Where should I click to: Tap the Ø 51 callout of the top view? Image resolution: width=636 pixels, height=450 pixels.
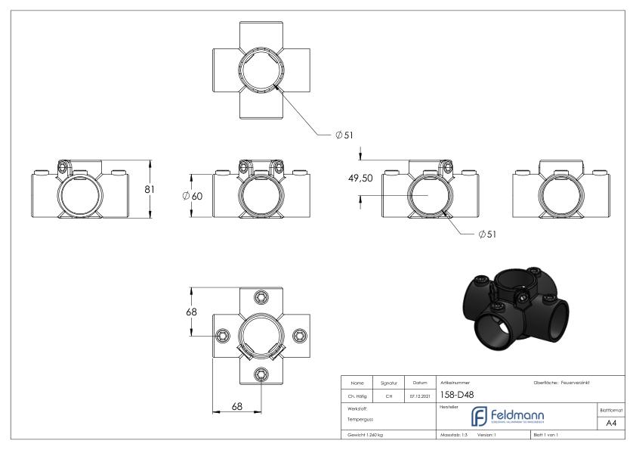click(x=344, y=135)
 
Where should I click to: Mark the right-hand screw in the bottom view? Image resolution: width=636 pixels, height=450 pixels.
click(x=301, y=335)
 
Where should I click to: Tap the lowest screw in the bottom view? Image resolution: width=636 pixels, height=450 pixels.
click(x=261, y=374)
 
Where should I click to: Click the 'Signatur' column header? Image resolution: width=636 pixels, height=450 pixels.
click(x=390, y=383)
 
